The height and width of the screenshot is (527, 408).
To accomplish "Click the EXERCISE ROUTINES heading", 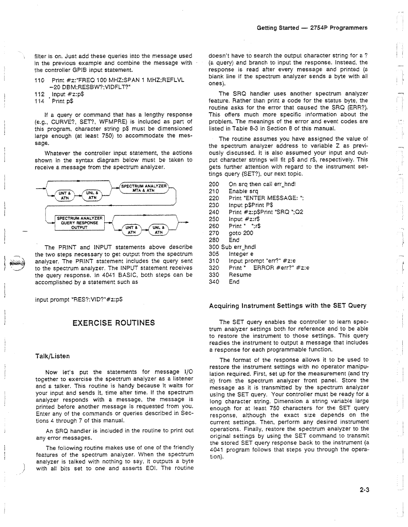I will pos(113,323).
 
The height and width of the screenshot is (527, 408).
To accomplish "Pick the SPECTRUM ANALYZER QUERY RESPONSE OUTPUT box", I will pos(80,223).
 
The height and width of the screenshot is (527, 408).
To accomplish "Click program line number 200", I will pos(214,184).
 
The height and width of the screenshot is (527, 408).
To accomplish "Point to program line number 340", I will pos(214,282).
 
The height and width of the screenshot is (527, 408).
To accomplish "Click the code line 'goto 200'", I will pos(241,233).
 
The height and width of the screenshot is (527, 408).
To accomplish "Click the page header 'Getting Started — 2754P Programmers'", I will pos(312,28).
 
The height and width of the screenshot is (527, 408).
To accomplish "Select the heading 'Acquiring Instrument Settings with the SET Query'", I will pos(288,306).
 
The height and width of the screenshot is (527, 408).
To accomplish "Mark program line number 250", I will pos(214,219).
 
